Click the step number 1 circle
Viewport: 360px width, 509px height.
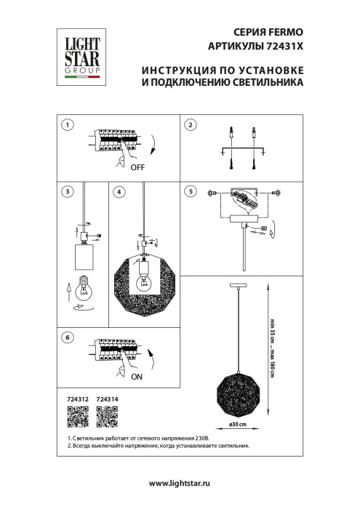[x=67, y=125]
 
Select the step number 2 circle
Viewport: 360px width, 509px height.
[x=191, y=125]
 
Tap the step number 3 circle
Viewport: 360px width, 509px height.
[x=67, y=192]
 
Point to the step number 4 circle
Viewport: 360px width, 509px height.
[x=119, y=192]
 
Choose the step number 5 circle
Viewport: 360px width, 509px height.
[x=191, y=192]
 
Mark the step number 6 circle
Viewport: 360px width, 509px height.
[x=67, y=338]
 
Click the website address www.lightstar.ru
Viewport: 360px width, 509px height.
[x=180, y=484]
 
